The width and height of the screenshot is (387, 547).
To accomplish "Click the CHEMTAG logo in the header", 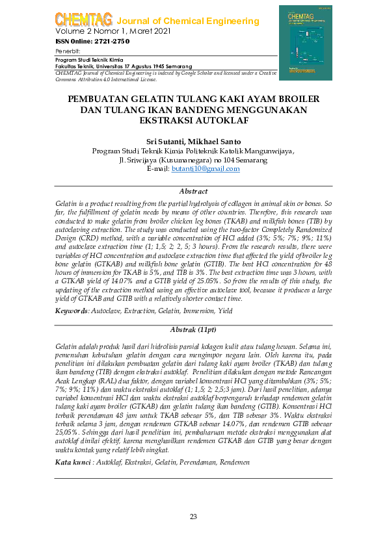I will (x=83, y=20).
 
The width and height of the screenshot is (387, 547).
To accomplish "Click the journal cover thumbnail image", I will (x=305, y=43).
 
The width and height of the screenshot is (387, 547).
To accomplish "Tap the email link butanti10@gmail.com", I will (x=206, y=169).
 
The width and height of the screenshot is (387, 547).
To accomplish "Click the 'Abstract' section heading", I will (x=193, y=192).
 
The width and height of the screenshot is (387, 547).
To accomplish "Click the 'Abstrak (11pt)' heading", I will (x=193, y=330).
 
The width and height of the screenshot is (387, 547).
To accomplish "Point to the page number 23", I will (x=193, y=516).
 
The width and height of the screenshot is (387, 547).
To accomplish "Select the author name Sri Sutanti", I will (x=166, y=142).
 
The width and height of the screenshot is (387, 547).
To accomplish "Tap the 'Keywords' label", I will (x=72, y=312).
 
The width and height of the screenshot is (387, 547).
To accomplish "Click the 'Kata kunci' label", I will (x=73, y=444).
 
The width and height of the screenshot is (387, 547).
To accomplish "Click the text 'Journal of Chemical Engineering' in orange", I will (x=187, y=21).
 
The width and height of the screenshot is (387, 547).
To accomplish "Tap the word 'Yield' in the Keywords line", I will (x=225, y=312).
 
